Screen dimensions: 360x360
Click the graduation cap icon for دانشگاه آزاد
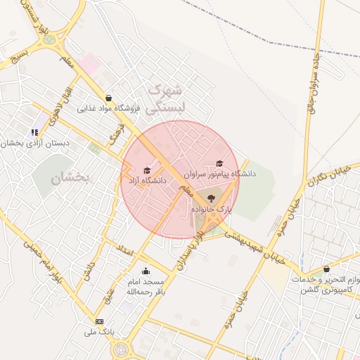point(146,170)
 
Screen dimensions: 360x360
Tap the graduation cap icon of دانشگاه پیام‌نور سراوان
point(219,163)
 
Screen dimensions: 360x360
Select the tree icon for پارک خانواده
point(212,198)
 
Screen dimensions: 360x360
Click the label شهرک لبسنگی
point(169,98)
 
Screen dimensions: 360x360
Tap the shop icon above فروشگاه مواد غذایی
point(108,98)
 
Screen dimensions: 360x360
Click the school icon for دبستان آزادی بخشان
point(34,132)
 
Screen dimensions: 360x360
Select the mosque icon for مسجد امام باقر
point(146,271)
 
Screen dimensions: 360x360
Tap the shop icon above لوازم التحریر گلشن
point(326,269)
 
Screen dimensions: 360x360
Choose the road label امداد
point(124,250)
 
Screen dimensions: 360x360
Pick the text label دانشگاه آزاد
point(145,181)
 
